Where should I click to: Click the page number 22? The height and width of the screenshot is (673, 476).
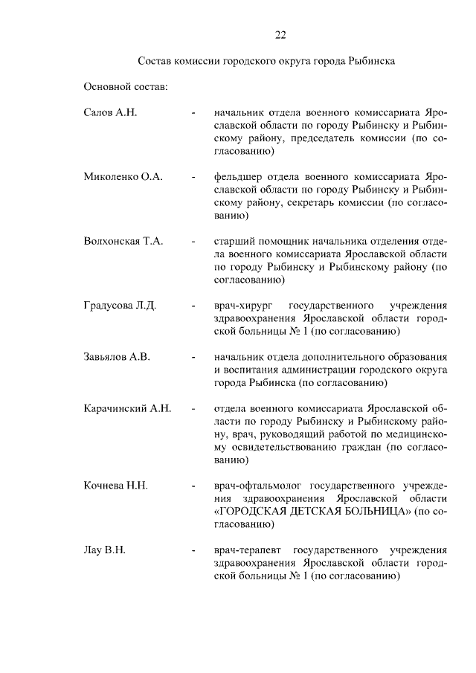pyautogui.click(x=280, y=35)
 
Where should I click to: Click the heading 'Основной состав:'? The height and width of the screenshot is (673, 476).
pyautogui.click(x=126, y=87)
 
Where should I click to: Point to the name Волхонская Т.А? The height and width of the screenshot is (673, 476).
pyautogui.click(x=123, y=242)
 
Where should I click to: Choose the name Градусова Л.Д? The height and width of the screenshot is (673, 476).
pyautogui.click(x=120, y=306)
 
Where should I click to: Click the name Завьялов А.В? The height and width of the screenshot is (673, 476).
pyautogui.click(x=117, y=357)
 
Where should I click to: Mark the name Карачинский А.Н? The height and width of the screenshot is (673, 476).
pyautogui.click(x=128, y=408)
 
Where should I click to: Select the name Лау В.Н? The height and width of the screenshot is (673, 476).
pyautogui.click(x=104, y=550)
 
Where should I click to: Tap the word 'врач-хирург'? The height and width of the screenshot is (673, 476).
pyautogui.click(x=242, y=306)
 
